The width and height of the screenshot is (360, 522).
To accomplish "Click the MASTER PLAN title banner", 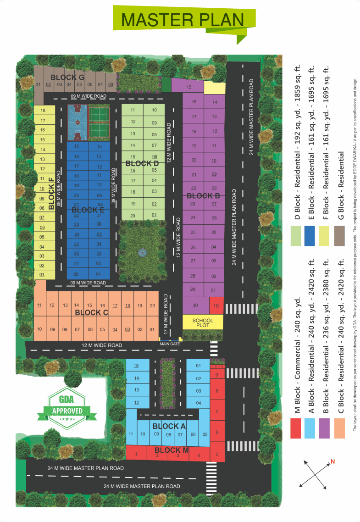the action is pos(183,20).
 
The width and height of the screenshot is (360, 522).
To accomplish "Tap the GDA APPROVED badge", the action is pos(67,405).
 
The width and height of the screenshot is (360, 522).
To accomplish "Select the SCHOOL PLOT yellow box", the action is pos(203,322).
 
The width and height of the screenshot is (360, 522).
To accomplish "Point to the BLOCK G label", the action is pos(67,77).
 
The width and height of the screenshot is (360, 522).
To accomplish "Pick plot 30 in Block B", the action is pos(195,305).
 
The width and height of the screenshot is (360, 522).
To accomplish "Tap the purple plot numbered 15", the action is pos(188,87).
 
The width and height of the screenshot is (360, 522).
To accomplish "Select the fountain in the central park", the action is pos(142,252).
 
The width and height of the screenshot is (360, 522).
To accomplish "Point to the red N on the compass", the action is pos(333,461).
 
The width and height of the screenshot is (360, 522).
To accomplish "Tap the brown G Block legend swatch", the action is pos(339,236).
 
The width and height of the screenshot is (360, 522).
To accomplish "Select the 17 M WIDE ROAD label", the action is pos(166,314).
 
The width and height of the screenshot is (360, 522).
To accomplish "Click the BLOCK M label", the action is pos(172,450).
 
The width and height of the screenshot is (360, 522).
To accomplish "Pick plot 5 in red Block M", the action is pos(217,455).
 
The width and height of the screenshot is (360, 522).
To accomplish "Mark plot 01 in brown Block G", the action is pos(39,84).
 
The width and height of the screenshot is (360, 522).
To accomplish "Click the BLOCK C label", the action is pos(91,313).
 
